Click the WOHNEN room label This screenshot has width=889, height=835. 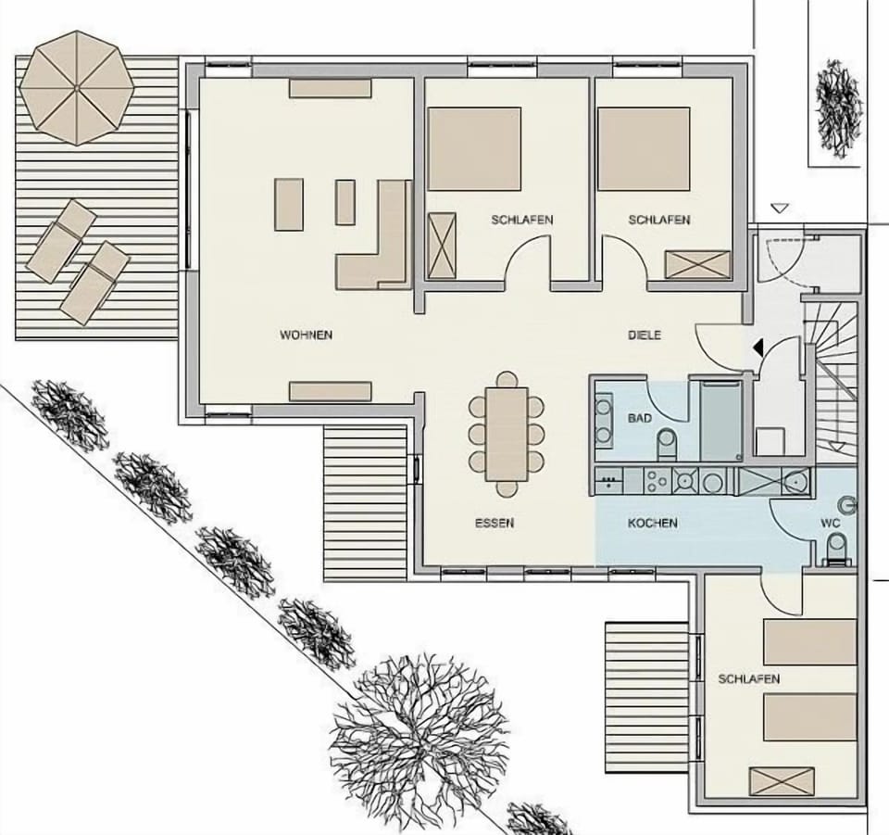pyautogui.click(x=306, y=335)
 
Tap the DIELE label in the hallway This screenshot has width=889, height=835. pyautogui.click(x=645, y=335)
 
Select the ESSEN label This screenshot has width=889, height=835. pyautogui.click(x=494, y=524)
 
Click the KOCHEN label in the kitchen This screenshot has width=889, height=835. pyautogui.click(x=652, y=524)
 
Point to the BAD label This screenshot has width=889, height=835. pyautogui.click(x=640, y=419)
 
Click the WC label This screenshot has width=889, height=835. pyautogui.click(x=830, y=524)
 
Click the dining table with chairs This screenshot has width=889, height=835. pyautogui.click(x=507, y=434)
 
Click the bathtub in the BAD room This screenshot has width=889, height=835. pyautogui.click(x=720, y=420)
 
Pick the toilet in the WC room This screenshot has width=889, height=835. pyautogui.click(x=835, y=549)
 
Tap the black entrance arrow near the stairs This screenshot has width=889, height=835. pyautogui.click(x=758, y=348)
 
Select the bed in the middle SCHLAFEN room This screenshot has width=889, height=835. pyautogui.click(x=474, y=148)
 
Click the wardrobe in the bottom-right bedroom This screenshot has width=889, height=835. pyautogui.click(x=781, y=780)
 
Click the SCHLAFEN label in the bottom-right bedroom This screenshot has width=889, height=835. pyautogui.click(x=748, y=679)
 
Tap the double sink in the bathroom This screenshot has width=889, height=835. pyautogui.click(x=604, y=420)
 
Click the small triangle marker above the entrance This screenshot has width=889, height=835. pyautogui.click(x=780, y=209)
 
